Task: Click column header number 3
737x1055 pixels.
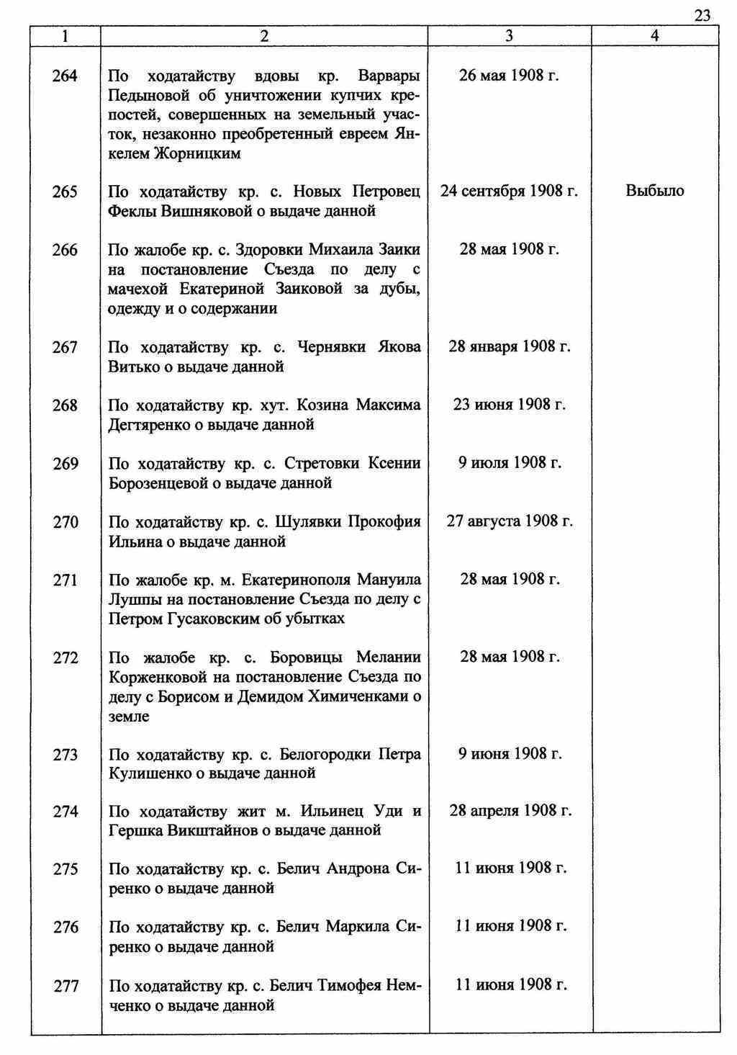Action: pos(509,37)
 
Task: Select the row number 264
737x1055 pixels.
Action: pos(65,76)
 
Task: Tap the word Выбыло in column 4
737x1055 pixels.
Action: pos(654,192)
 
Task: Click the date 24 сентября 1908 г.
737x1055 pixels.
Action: pos(509,192)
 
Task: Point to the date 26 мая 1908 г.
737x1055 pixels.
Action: pos(509,76)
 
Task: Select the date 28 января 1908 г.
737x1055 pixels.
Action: pos(509,347)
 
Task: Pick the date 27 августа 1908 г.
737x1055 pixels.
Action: pos(509,521)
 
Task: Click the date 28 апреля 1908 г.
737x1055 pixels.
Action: pos(510,812)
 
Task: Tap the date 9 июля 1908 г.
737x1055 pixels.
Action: pos(510,463)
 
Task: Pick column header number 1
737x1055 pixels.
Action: pos(65,37)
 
